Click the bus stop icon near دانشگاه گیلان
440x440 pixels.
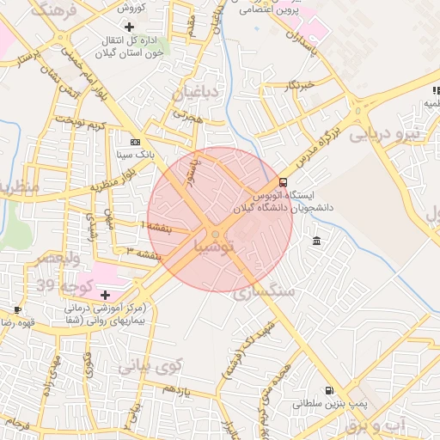[x=284, y=182]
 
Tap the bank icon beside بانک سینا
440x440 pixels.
[x=135, y=142]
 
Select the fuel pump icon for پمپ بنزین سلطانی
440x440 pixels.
[x=327, y=388]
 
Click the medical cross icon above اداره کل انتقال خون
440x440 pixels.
[x=129, y=27]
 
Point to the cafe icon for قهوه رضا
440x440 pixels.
[x=18, y=309]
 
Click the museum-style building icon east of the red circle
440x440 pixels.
[x=318, y=239]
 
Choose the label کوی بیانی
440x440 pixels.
[x=150, y=367]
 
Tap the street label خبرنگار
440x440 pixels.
[x=305, y=86]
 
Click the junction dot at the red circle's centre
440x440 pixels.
[x=216, y=233]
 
